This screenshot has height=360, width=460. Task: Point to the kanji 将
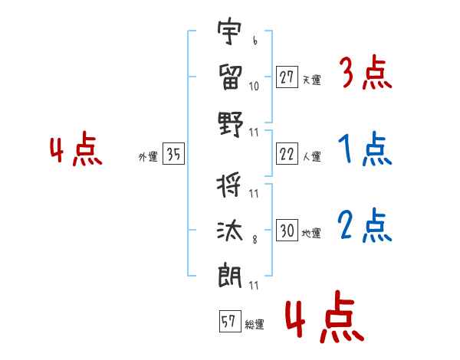click(x=230, y=186)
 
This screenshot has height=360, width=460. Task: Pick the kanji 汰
click(x=230, y=230)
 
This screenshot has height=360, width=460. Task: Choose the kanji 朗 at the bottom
click(x=230, y=275)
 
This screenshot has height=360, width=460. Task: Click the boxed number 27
click(x=287, y=77)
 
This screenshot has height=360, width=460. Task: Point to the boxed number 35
click(x=173, y=155)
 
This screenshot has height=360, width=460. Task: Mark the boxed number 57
click(x=228, y=322)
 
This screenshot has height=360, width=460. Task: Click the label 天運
click(x=311, y=80)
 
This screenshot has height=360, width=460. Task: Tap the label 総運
click(x=255, y=325)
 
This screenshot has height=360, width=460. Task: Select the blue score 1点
click(x=365, y=149)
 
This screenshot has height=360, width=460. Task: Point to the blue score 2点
click(x=365, y=226)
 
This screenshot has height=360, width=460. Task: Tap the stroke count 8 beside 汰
click(x=254, y=240)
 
